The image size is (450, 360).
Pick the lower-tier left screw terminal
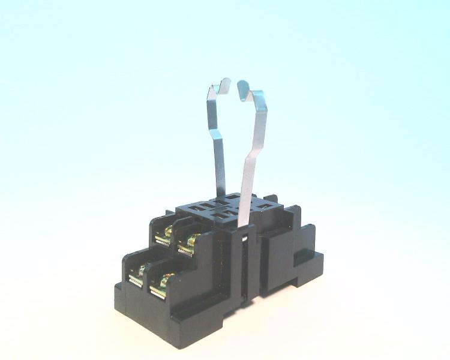click(x=136, y=276)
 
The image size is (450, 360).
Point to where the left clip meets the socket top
click(x=222, y=195)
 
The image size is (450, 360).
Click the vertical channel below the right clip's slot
click(x=244, y=270)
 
